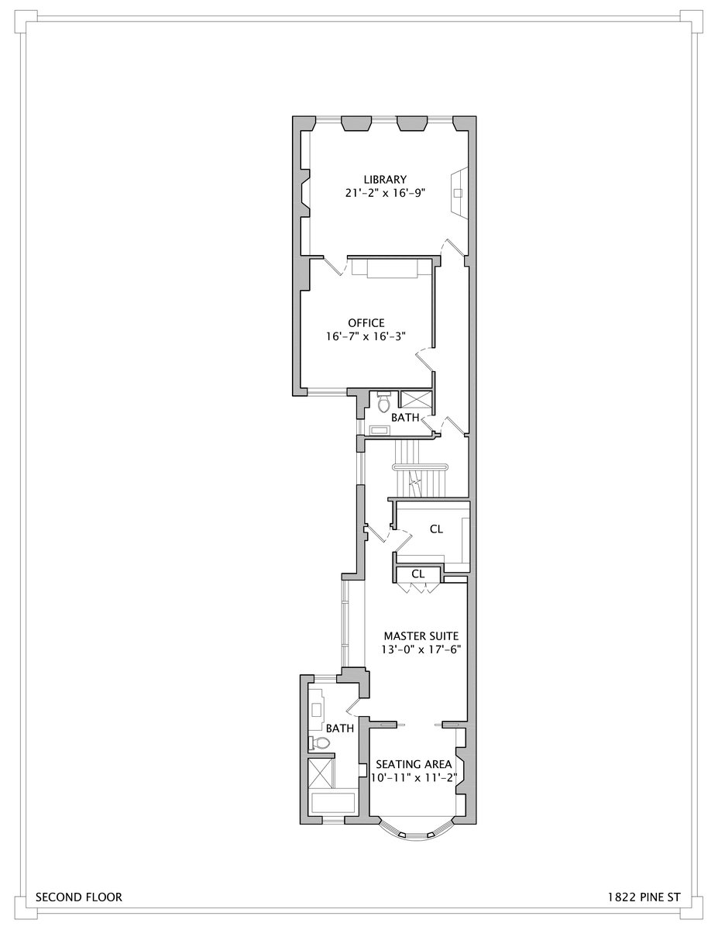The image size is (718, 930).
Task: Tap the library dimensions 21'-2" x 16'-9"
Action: [387, 193]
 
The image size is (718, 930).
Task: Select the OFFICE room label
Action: [366, 322]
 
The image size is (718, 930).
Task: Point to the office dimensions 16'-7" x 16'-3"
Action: [366, 336]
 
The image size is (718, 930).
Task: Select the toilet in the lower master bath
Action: [320, 743]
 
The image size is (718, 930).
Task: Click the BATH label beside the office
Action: [404, 418]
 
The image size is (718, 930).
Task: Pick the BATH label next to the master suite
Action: [339, 728]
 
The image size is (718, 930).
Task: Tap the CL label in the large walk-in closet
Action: [436, 529]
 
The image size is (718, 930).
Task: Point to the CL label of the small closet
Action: [418, 574]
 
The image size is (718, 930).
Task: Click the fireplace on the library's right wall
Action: [459, 192]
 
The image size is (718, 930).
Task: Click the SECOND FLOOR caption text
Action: [78, 897]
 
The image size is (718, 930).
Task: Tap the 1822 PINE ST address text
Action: [644, 897]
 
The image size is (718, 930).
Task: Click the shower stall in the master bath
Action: [321, 773]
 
